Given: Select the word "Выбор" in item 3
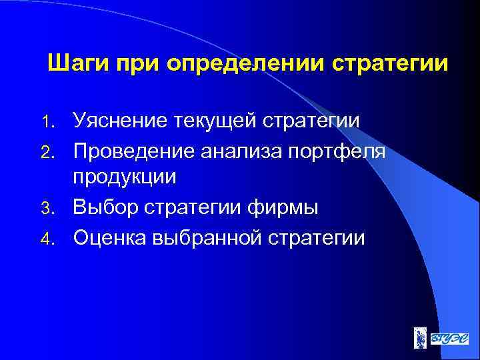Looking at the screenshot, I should pos(105,207).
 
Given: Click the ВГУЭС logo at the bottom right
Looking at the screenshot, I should pos(447,337).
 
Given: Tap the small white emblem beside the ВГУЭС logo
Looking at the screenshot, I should pos(418,337).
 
